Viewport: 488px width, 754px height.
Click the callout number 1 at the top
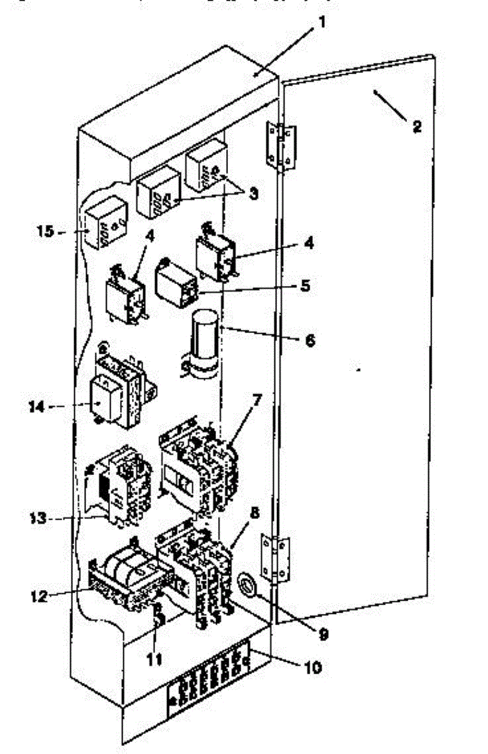pyautogui.click(x=321, y=23)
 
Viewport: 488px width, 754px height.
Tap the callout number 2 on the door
pyautogui.click(x=416, y=124)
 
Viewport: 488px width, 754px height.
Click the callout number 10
pyautogui.click(x=312, y=667)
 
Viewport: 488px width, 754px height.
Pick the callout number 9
pyautogui.click(x=323, y=635)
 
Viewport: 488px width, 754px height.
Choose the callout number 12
pyautogui.click(x=38, y=596)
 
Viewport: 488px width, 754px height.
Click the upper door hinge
pyautogui.click(x=281, y=146)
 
